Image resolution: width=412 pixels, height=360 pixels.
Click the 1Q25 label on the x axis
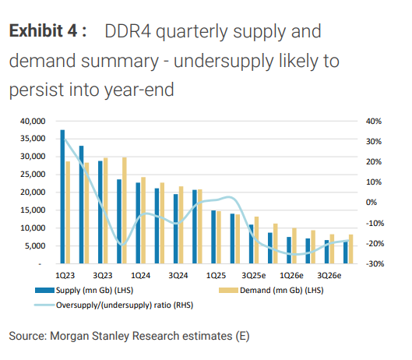tap(216, 276)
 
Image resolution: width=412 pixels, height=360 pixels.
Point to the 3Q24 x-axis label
tap(178, 276)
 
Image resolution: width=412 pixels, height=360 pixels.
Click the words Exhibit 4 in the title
tap(45, 32)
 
